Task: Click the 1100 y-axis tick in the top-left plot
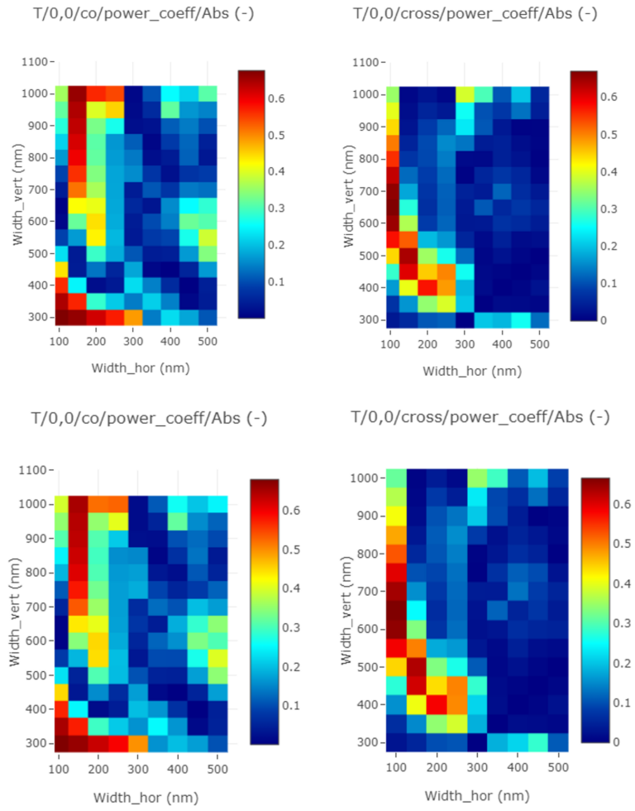36,62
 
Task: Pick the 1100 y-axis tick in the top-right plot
367,62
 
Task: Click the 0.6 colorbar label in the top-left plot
279,98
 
